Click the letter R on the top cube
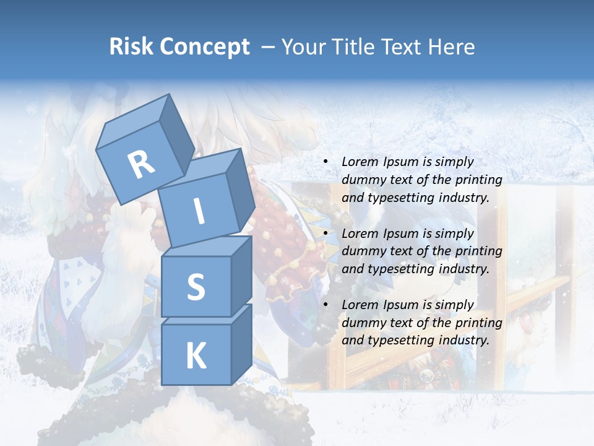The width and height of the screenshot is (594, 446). pos(142,165)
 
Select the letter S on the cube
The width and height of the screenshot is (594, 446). pos(196,287)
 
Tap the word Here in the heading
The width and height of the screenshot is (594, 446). pos(452,47)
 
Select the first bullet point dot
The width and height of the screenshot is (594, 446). pos(326,162)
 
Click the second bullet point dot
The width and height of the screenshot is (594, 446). pos(326,234)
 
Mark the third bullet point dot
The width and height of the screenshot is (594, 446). pos(326,305)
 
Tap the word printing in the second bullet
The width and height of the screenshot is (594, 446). pos(479,251)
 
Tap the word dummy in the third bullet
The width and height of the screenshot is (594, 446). pos(363,322)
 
